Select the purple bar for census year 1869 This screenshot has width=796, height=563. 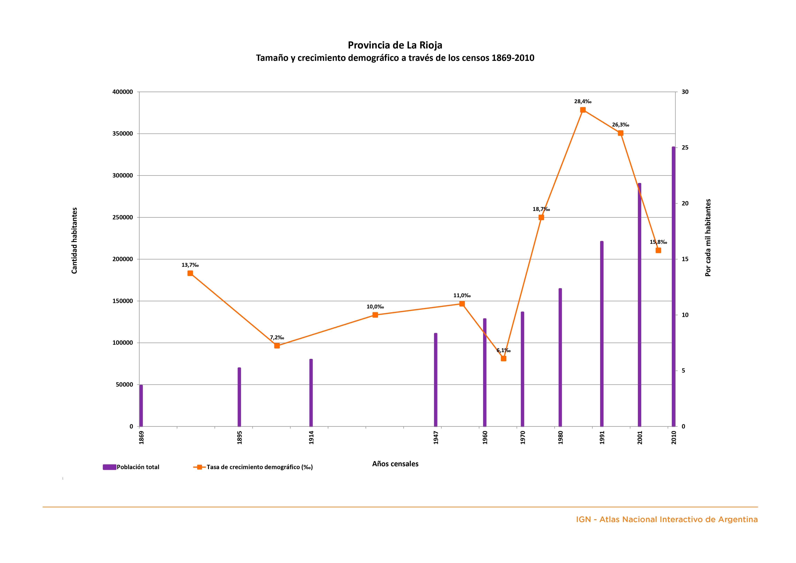coord(141,405)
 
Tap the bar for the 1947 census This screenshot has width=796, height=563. coord(436,380)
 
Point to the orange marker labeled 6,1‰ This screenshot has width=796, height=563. coord(503,358)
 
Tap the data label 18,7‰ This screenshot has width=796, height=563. coord(541,209)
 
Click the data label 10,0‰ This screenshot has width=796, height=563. coord(375,307)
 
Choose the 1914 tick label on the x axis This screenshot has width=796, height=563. coord(311,437)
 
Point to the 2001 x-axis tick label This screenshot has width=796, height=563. coord(640,437)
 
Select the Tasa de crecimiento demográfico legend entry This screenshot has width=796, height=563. coord(253,467)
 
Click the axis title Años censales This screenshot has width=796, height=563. coord(395,464)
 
